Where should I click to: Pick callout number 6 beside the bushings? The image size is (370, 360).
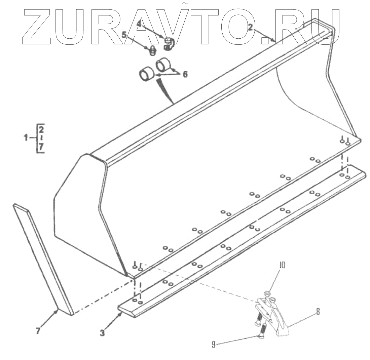pyautogui.click(x=185, y=74)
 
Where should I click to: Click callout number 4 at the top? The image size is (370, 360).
pyautogui.click(x=139, y=24)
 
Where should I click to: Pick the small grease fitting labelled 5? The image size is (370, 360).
pyautogui.click(x=152, y=51)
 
